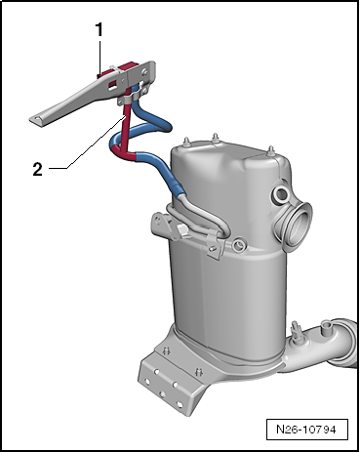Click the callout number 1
click(x=99, y=29)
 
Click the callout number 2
click(x=37, y=169)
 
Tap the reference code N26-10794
click(x=306, y=430)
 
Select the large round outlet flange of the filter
click(x=300, y=224)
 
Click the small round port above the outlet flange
click(x=280, y=195)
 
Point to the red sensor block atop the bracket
click(x=118, y=69)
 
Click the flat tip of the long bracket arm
click(x=37, y=120)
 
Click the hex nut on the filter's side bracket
click(x=182, y=230)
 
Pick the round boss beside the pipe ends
click(x=239, y=244)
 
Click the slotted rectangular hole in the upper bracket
click(x=112, y=84)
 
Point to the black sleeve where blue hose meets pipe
click(x=179, y=189)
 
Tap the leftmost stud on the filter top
click(x=186, y=143)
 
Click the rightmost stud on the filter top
click(x=271, y=151)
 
